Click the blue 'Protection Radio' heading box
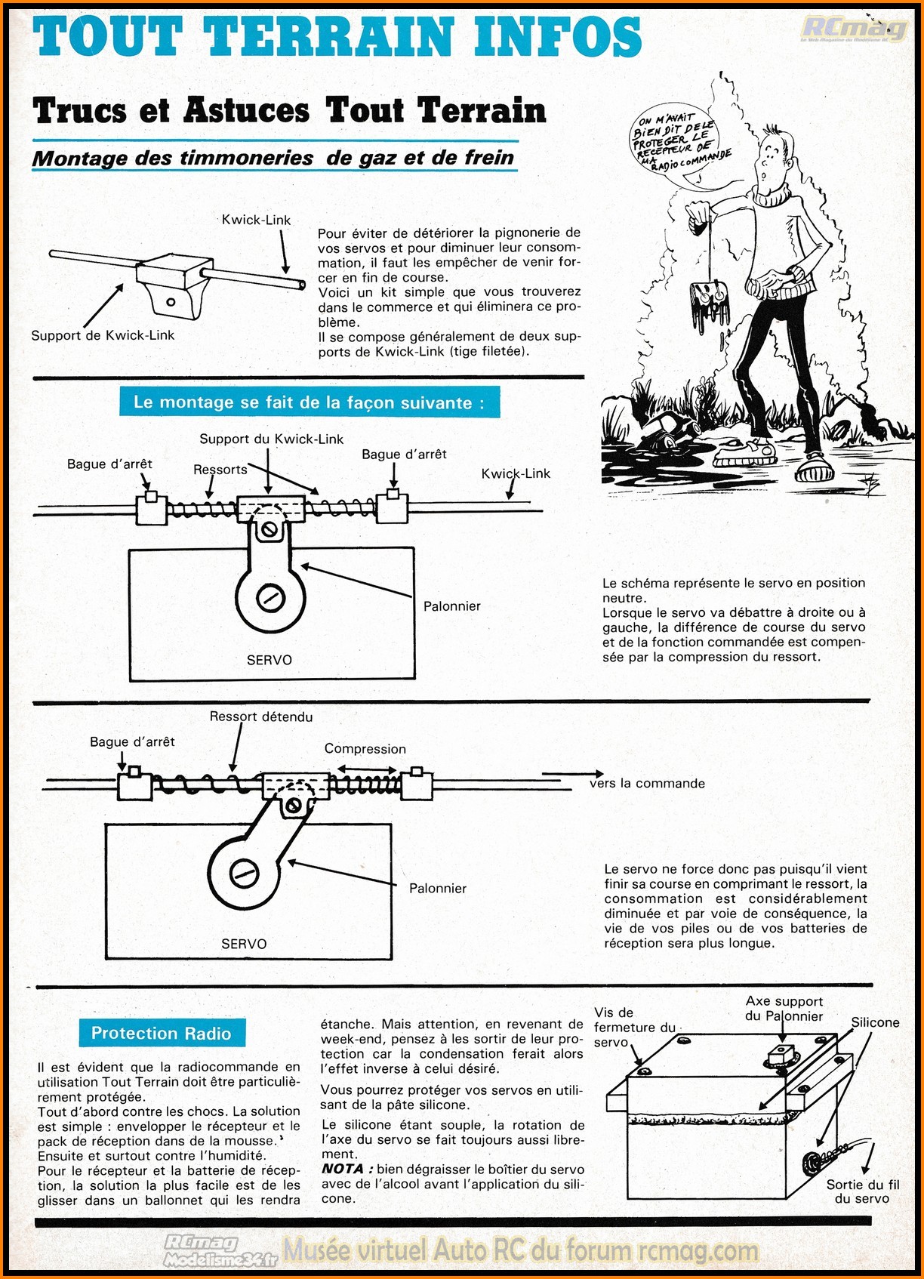pyautogui.click(x=161, y=1033)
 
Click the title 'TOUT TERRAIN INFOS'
pyautogui.click(x=337, y=38)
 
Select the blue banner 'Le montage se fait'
pyautogui.click(x=309, y=402)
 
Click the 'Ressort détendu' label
pyautogui.click(x=260, y=717)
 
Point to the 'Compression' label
pyautogui.click(x=365, y=748)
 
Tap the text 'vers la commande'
pyautogui.click(x=647, y=783)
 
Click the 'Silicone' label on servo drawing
pyautogui.click(x=875, y=1022)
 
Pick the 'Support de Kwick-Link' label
pyautogui.click(x=103, y=335)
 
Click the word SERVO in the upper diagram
pyautogui.click(x=269, y=660)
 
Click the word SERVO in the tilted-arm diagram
pyautogui.click(x=244, y=944)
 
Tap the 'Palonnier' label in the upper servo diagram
pyautogui.click(x=451, y=606)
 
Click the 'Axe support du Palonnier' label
pyautogui.click(x=784, y=1009)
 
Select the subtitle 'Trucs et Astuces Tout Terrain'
pyautogui.click(x=289, y=110)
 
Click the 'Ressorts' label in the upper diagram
pyautogui.click(x=220, y=469)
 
